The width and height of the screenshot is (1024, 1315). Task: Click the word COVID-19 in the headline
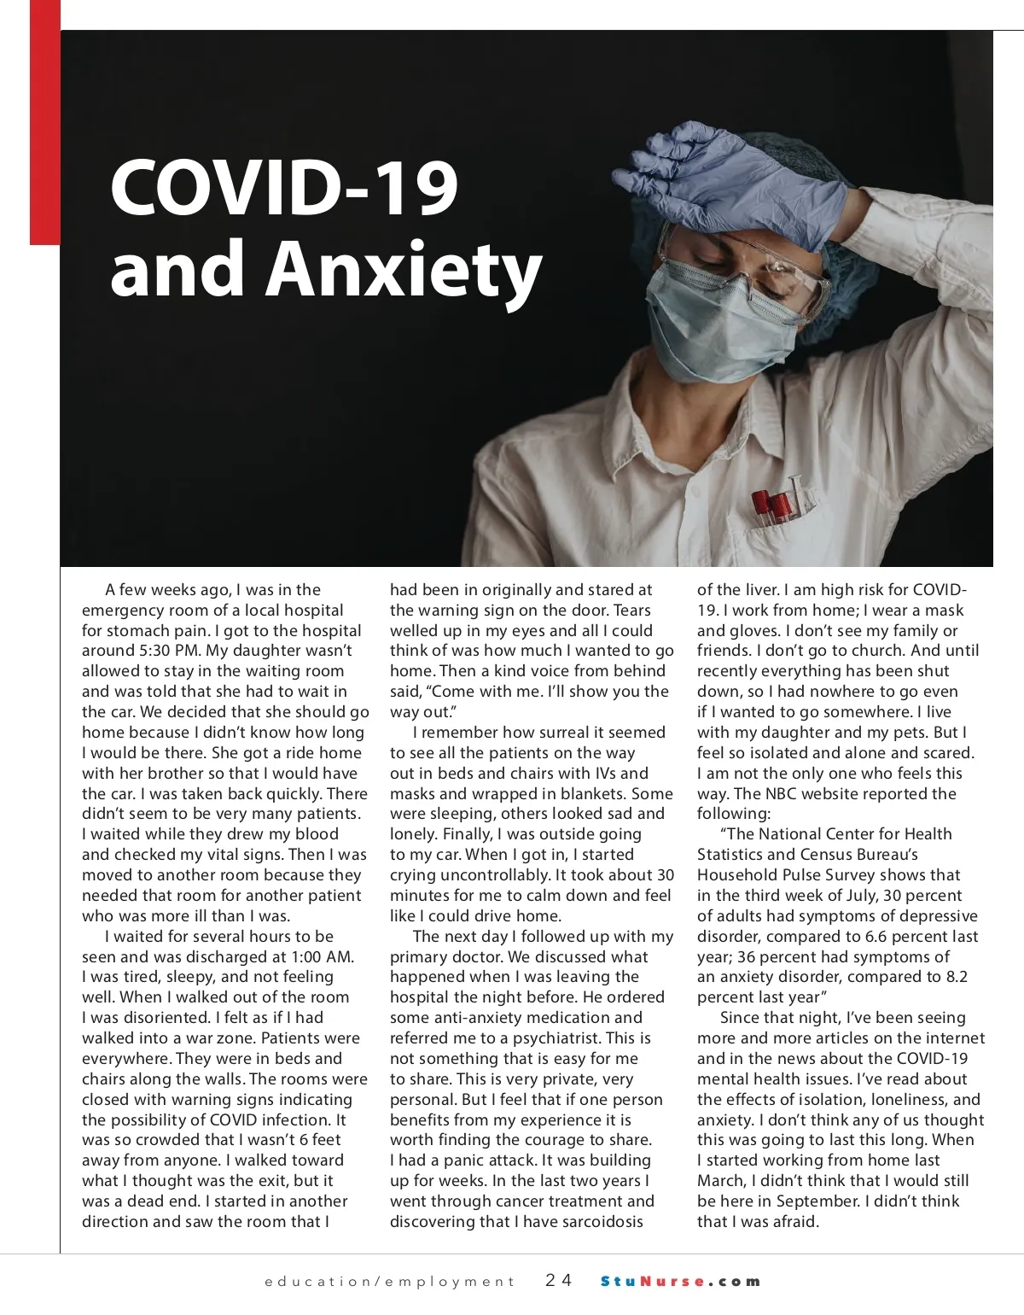[284, 189]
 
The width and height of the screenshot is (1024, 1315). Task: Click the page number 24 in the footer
[559, 1280]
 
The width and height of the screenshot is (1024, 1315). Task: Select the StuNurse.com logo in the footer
[680, 1281]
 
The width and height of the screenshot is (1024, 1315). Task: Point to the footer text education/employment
[389, 1281]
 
